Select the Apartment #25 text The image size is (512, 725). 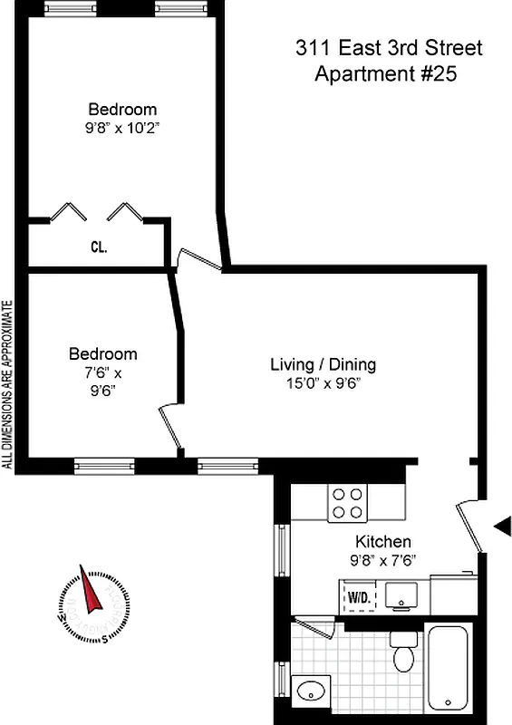[384, 73]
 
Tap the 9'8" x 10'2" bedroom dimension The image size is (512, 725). [122, 128]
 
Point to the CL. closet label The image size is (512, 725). [99, 246]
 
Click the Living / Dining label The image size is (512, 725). [324, 365]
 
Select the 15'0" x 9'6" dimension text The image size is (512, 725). [324, 383]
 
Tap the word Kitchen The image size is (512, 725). [383, 541]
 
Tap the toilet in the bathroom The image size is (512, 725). [403, 651]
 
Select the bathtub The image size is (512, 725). [449, 667]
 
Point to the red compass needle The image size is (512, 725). [90, 596]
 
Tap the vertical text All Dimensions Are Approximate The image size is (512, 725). [8, 384]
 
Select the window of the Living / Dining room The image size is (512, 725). [216, 466]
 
